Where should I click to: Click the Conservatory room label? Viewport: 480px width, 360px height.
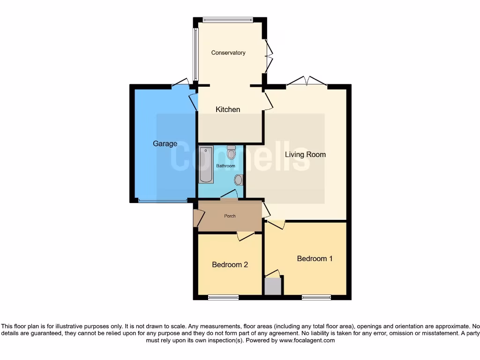click(228, 53)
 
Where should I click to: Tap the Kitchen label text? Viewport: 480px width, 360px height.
click(228, 110)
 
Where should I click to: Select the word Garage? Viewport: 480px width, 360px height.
click(165, 144)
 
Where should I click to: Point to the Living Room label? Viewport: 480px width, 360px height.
click(306, 155)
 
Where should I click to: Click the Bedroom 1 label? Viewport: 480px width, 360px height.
click(315, 259)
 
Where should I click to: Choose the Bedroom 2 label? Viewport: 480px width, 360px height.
click(230, 265)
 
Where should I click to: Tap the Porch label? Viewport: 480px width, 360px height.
click(230, 216)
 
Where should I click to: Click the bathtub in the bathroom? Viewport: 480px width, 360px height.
click(206, 165)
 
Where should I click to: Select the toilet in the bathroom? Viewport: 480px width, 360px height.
click(231, 153)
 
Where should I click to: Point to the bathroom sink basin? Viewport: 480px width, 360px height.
click(239, 180)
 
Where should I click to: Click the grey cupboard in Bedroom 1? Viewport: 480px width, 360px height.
click(273, 286)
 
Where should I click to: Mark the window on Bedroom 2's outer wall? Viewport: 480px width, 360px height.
click(223, 297)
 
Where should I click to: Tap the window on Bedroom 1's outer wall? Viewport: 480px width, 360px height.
click(316, 297)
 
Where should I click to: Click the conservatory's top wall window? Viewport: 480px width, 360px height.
click(228, 20)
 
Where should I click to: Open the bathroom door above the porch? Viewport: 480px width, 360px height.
click(229, 195)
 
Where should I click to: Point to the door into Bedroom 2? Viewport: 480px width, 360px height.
click(245, 236)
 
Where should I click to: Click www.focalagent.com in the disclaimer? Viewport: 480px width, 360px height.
click(307, 341)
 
